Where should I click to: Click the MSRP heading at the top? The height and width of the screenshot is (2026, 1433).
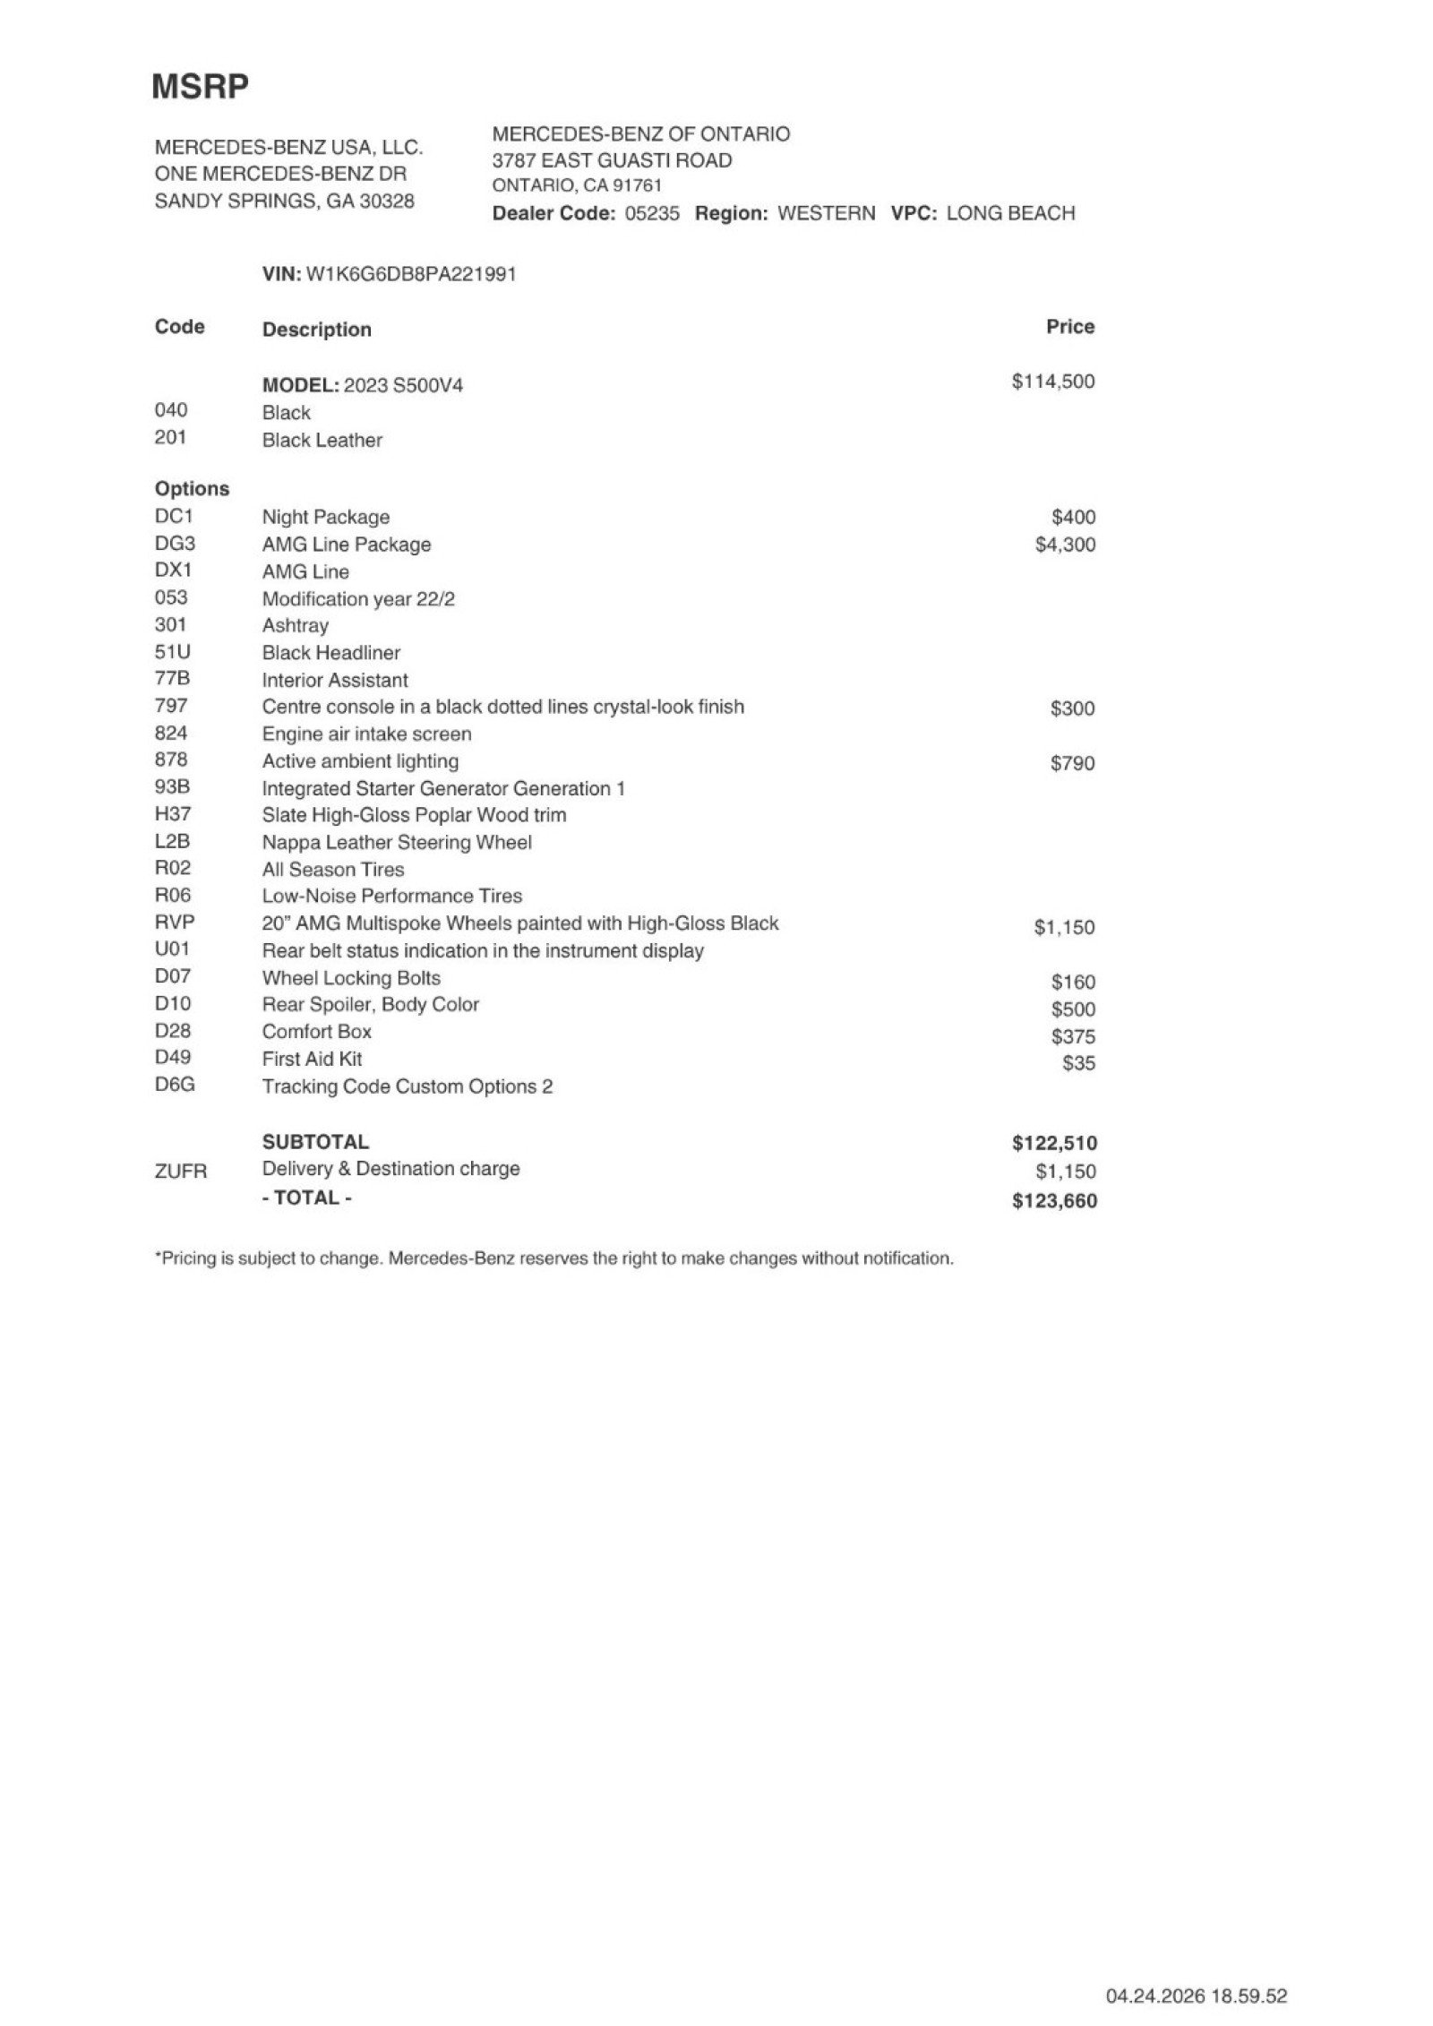[200, 87]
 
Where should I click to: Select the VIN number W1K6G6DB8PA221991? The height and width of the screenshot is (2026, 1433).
[411, 274]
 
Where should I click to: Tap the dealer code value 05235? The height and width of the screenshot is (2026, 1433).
[651, 213]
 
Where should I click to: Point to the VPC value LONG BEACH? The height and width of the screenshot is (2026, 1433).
[1009, 213]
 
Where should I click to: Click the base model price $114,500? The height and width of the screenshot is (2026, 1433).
[1052, 382]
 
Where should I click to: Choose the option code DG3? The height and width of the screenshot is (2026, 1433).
[175, 544]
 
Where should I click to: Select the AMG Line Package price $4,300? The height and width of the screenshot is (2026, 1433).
[1064, 545]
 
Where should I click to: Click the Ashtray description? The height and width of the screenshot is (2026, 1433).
[295, 625]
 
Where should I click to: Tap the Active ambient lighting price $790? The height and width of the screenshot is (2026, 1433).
[1072, 763]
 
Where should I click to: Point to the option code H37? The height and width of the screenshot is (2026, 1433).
[173, 814]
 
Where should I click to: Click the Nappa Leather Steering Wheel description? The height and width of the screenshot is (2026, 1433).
[396, 842]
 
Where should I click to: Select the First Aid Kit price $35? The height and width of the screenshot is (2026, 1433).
[1078, 1063]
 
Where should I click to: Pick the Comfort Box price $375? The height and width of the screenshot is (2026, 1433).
[1073, 1036]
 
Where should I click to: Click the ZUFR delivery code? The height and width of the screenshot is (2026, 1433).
[180, 1171]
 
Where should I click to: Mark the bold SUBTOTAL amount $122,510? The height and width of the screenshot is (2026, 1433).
[1054, 1143]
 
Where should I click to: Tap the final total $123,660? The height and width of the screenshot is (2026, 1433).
[1054, 1201]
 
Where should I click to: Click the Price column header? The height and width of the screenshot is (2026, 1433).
[1069, 327]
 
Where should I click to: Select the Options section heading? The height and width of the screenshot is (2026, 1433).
[192, 489]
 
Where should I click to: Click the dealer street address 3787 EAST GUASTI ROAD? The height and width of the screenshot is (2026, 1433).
[612, 160]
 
